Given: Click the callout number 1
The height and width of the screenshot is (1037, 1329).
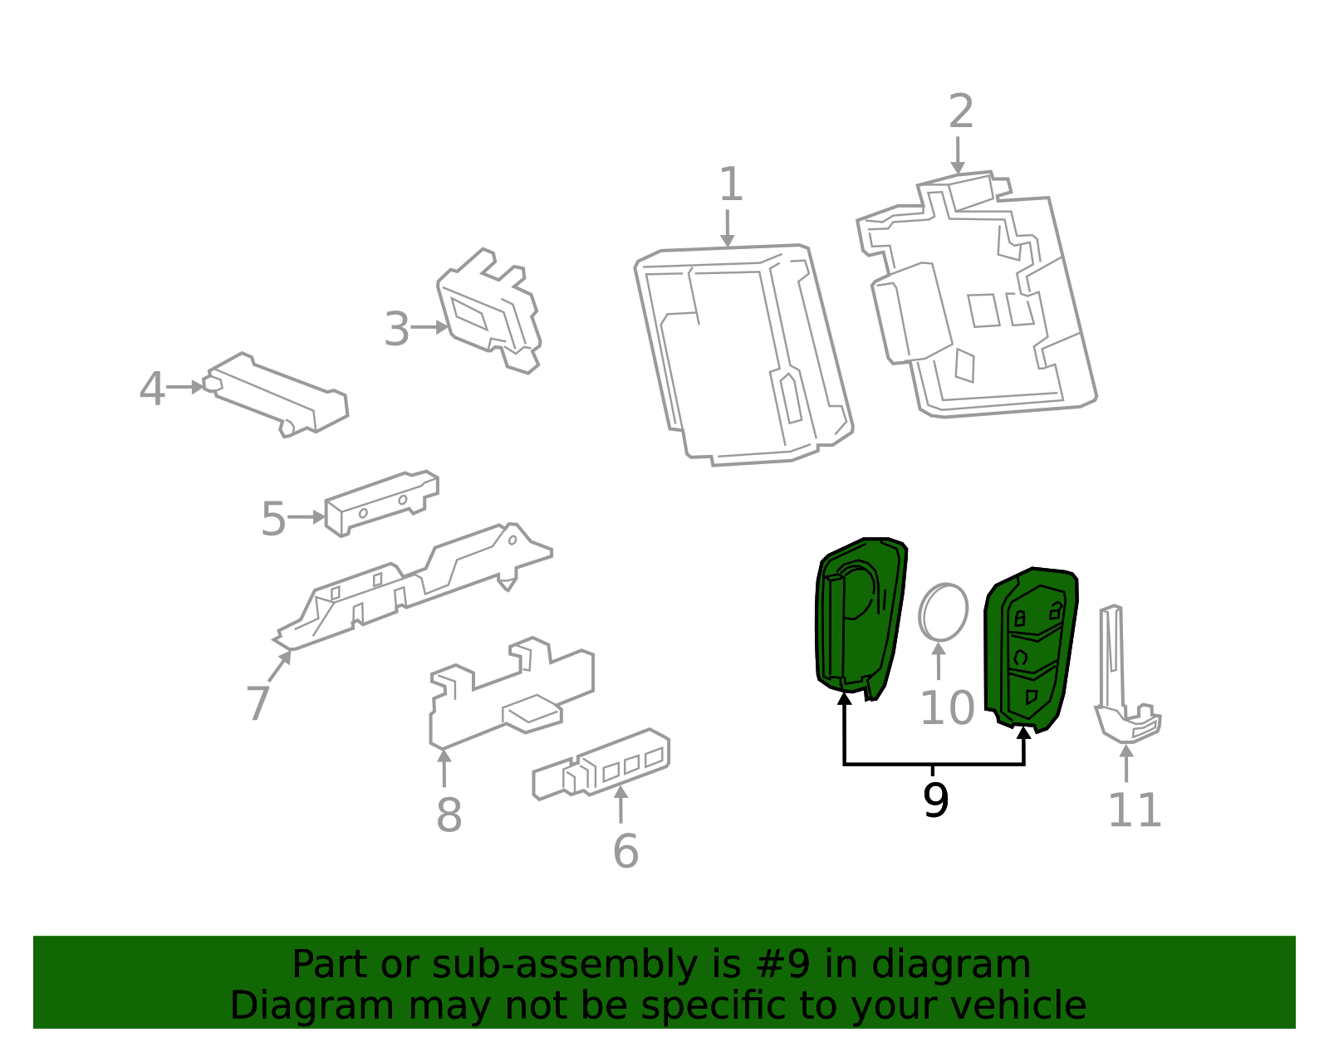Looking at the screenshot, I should [730, 184].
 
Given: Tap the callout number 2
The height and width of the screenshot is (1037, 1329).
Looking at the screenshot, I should [960, 111].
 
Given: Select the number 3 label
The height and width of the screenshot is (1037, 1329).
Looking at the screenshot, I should [397, 330].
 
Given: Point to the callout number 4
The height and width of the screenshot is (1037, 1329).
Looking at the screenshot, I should [151, 389].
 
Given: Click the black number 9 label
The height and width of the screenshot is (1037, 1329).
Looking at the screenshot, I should [935, 800].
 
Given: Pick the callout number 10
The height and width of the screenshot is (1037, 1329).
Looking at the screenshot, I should [947, 708].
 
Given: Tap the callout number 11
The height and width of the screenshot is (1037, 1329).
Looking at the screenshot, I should [1135, 810].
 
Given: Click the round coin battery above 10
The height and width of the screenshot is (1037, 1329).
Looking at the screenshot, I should [943, 612].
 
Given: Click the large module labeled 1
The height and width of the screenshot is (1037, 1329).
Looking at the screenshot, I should [739, 353].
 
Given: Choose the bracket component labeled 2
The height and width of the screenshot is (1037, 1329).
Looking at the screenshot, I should [980, 299].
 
